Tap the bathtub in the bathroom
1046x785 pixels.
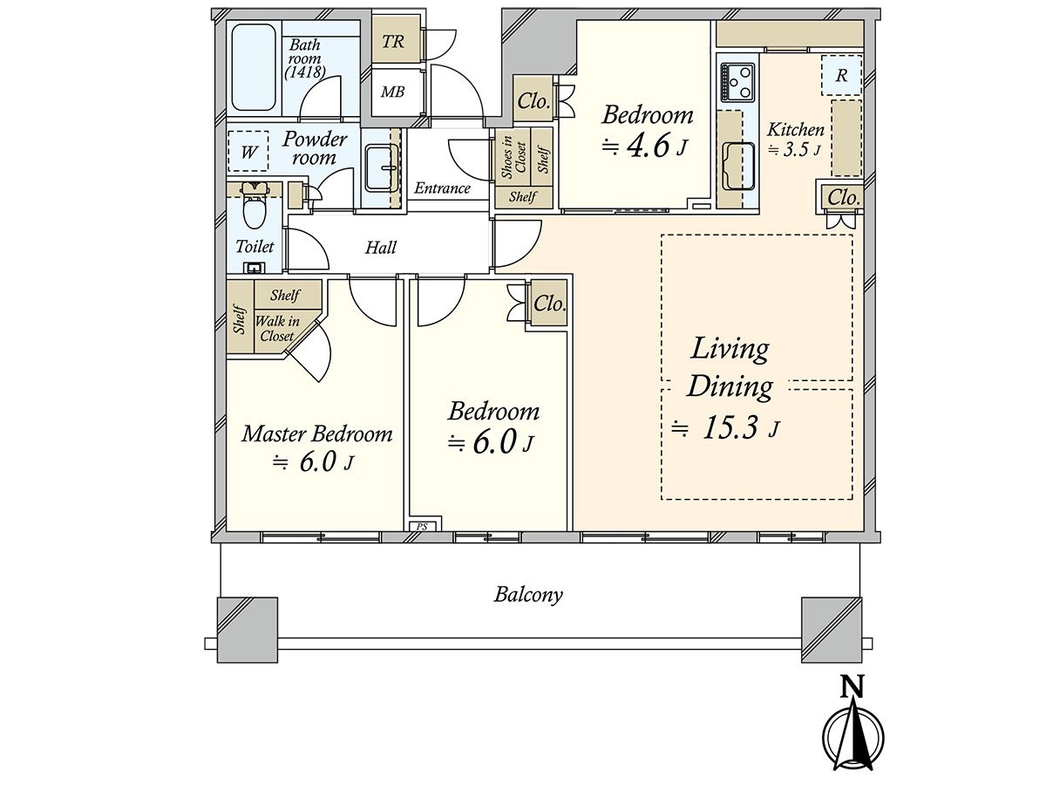click(x=254, y=68)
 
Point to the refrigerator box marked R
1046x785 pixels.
click(x=841, y=75)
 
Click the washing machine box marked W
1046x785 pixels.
click(x=248, y=152)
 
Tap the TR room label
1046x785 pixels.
click(x=393, y=42)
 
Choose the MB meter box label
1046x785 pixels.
click(x=392, y=92)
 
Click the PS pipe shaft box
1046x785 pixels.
click(x=422, y=527)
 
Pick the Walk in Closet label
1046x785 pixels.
click(x=277, y=329)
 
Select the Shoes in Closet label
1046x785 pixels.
click(x=513, y=157)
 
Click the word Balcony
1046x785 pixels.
click(x=528, y=595)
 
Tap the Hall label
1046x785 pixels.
click(x=381, y=248)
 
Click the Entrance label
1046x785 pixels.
click(x=442, y=188)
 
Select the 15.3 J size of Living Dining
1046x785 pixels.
click(x=726, y=427)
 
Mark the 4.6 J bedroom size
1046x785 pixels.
click(x=645, y=146)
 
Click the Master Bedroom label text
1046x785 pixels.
click(x=317, y=434)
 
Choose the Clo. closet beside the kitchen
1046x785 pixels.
click(x=844, y=197)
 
